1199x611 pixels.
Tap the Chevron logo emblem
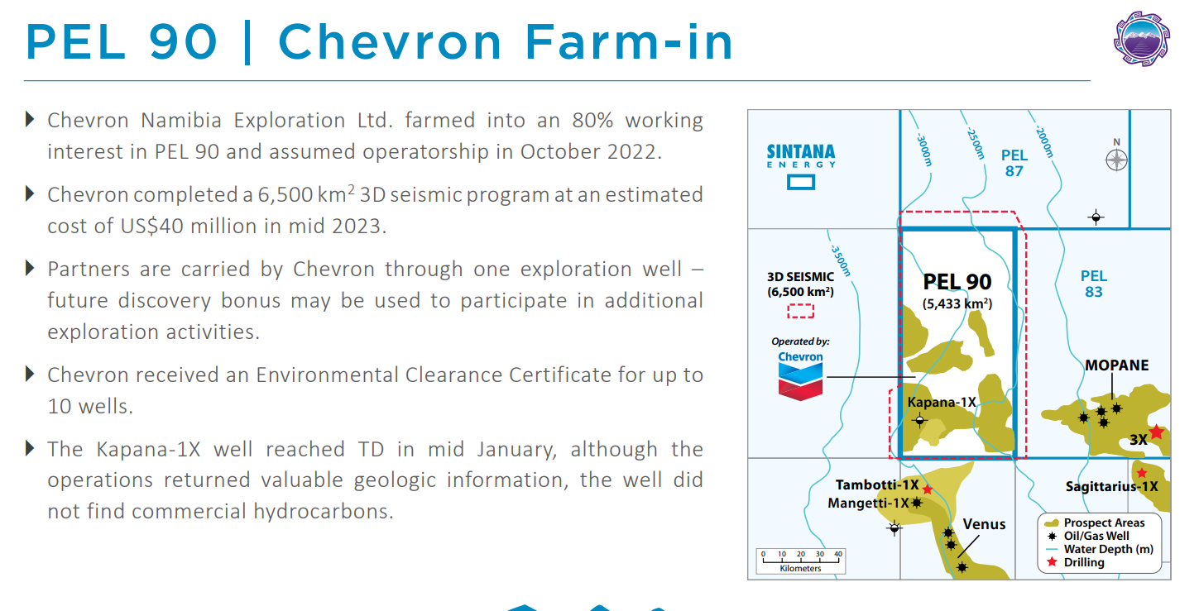coord(800,381)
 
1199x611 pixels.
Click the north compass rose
coord(1116,160)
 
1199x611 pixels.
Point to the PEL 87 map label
coord(1014,163)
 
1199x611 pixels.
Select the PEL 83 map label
coord(1094,284)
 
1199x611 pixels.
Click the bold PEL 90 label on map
coord(957,282)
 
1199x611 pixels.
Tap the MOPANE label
coord(1116,365)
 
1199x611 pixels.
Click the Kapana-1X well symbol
coord(919,421)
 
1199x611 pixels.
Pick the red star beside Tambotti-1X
coord(928,489)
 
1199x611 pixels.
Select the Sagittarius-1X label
coord(1111,486)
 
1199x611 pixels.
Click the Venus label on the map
coord(984,524)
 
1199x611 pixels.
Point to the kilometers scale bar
coord(801,561)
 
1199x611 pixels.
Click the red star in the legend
coord(1053,561)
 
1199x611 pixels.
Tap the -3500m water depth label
coord(841,260)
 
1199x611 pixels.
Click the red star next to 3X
coord(1157,432)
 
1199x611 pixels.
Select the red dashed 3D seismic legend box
coord(800,311)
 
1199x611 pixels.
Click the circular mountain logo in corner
coord(1142,39)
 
